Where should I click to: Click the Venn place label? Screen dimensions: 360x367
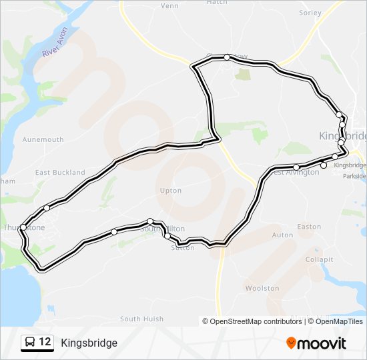click(169, 6)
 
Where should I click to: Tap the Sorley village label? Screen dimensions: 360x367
click(310, 13)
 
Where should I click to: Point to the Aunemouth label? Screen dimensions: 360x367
click(43, 139)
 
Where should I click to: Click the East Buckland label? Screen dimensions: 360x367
click(60, 173)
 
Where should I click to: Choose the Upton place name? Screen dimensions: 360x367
click(171, 191)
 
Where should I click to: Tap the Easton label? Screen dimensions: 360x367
click(309, 227)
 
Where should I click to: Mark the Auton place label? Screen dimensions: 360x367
click(282, 235)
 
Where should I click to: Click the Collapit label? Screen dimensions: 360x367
click(319, 259)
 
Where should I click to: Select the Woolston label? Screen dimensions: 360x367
click(262, 288)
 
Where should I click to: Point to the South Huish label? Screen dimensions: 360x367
click(141, 319)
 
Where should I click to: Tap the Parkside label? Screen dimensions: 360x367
click(354, 177)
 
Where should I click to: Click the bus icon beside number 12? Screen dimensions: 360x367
click(29, 343)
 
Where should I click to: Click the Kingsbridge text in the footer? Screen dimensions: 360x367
click(89, 343)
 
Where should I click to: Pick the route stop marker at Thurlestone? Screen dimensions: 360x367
click(23, 227)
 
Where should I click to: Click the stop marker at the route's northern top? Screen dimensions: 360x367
click(227, 57)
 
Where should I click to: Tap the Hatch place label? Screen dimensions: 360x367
click(217, 2)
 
